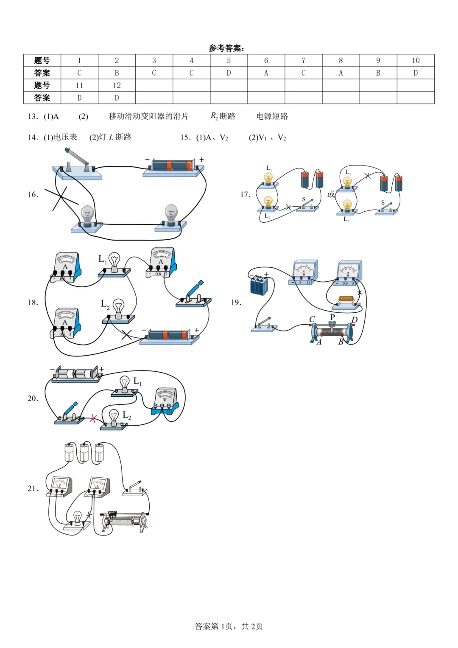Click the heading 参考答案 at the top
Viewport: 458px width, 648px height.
pyautogui.click(x=226, y=48)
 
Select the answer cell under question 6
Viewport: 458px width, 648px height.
pyautogui.click(x=266, y=73)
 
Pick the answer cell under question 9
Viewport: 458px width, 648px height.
pyautogui.click(x=378, y=73)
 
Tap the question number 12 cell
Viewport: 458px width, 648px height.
pyautogui.click(x=117, y=85)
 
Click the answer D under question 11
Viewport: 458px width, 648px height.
pyautogui.click(x=79, y=98)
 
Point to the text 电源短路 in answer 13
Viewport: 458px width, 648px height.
pyautogui.click(x=272, y=116)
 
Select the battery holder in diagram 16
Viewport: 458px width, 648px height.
pyautogui.click(x=173, y=166)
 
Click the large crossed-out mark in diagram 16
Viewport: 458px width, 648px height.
pyautogui.click(x=61, y=198)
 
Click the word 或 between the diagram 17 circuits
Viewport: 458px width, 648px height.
pyautogui.click(x=331, y=194)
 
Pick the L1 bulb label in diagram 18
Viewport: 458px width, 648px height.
pyautogui.click(x=102, y=259)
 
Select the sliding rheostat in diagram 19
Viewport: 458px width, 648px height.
pyautogui.click(x=332, y=331)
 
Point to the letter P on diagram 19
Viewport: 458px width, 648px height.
pyautogui.click(x=332, y=317)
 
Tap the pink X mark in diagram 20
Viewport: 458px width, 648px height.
pyautogui.click(x=93, y=418)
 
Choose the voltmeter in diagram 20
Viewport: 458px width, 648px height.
pyautogui.click(x=165, y=401)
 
